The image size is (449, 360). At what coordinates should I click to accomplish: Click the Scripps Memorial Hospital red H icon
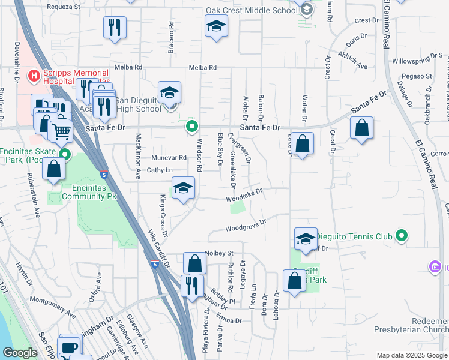pos(34,76)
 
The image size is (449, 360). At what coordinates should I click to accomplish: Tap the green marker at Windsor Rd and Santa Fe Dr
pos(192,127)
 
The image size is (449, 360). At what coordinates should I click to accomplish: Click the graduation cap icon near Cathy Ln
pos(184,188)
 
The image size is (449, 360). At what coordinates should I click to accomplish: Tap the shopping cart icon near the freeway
pos(61,130)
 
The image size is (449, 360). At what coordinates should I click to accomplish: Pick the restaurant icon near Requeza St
pos(114,28)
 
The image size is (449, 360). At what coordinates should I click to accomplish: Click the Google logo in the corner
pos(20,353)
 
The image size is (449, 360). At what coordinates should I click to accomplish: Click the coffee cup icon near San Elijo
pos(70,347)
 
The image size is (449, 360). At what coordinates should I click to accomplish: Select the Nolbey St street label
pos(219,253)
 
